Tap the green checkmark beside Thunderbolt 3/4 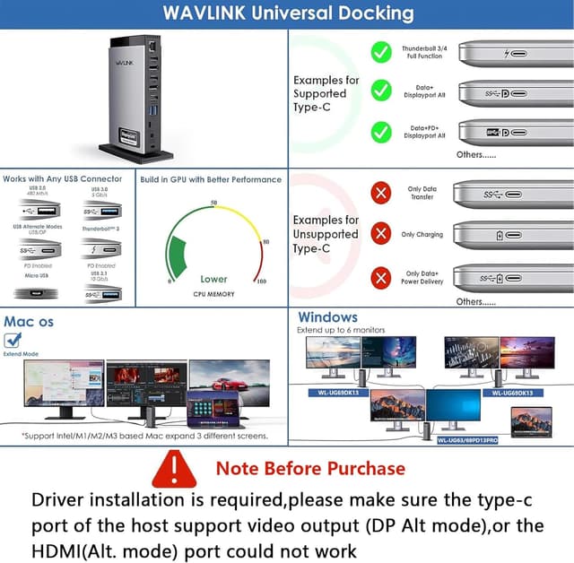381,52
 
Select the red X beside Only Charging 381,234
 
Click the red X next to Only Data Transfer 381,193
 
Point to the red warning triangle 174,469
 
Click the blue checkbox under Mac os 13,340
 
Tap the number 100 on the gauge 262,281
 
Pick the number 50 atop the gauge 213,204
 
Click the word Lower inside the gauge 213,279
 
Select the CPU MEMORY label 213,294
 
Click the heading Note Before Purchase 310,468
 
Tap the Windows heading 327,317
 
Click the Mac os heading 29,321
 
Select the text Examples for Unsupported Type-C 326,234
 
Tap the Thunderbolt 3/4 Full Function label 424,52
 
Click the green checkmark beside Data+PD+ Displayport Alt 381,132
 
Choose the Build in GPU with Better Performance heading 211,179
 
